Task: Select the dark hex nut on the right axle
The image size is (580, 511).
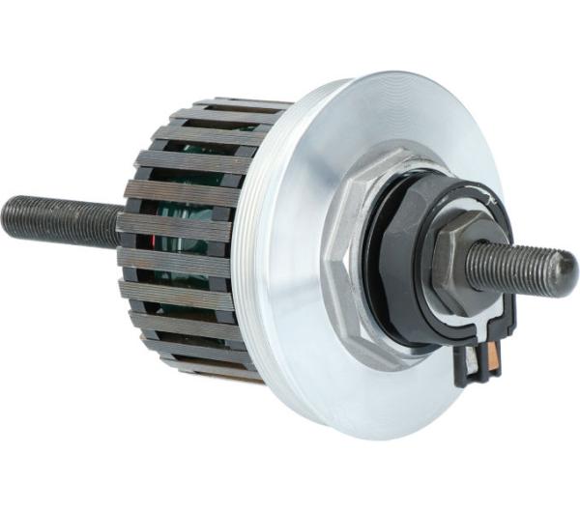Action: (453, 254)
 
